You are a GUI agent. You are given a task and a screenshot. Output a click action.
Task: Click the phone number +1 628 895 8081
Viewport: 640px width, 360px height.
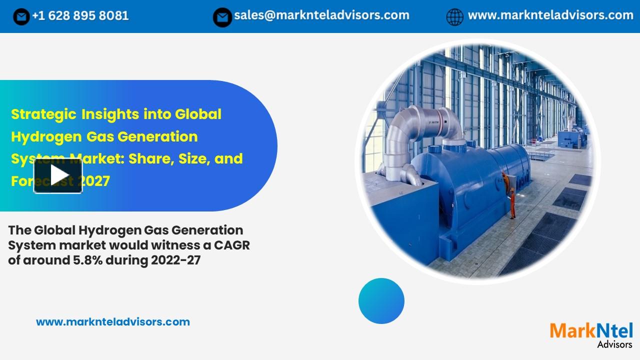(80, 16)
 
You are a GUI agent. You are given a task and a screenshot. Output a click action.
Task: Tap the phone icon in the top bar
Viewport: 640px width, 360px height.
(21, 17)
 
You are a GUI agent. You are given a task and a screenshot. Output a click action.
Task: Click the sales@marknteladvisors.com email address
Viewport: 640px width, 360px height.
(321, 15)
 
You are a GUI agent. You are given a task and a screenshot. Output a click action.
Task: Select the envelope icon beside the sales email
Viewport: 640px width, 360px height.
(222, 17)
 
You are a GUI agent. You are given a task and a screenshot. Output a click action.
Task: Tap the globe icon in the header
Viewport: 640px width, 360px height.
(454, 17)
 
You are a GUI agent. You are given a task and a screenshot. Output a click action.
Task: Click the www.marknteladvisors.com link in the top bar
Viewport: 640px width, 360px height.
(550, 15)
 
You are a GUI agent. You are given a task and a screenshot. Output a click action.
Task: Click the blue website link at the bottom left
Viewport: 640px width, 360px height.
(113, 322)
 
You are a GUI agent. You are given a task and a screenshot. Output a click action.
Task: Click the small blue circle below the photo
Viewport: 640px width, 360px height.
(381, 301)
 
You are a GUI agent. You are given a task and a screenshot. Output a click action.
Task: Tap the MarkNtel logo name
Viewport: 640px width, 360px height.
(591, 331)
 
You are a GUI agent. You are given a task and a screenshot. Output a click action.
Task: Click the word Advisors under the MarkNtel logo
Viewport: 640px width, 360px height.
(614, 344)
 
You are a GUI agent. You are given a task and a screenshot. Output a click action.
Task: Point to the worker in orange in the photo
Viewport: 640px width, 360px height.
(510, 195)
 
